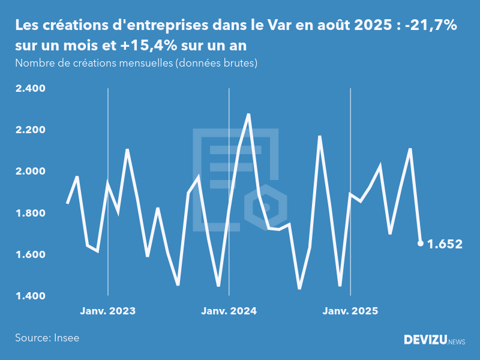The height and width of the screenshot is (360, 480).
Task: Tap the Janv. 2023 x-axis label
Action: point(107,311)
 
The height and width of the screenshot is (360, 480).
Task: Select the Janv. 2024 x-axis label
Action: point(229,311)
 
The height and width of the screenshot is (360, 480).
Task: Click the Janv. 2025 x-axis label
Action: point(350,311)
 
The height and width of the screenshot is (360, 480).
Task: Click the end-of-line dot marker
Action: point(420,243)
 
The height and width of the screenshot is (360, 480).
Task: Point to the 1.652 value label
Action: point(445,244)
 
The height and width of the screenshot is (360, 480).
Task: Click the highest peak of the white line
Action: point(248,114)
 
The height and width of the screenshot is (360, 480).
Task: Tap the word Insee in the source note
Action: point(67,338)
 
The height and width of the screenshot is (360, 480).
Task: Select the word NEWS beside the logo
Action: point(457,342)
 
